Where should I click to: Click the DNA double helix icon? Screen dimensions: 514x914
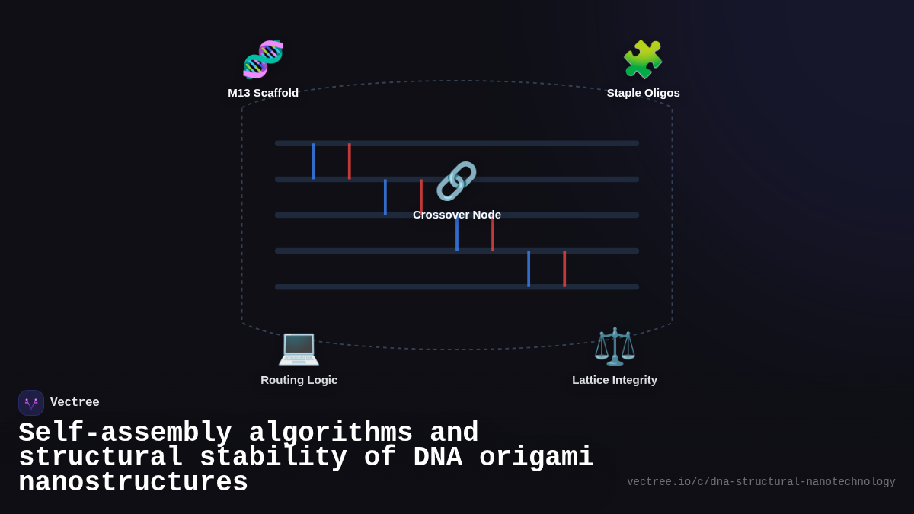coord(263,59)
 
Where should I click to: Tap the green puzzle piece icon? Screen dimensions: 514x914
coord(643,59)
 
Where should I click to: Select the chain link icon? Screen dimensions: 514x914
coord(456,181)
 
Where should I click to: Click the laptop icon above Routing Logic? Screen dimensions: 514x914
coord(299,347)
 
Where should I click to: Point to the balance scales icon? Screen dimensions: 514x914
coord(615,347)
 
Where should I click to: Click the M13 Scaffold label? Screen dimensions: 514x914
coord(263,93)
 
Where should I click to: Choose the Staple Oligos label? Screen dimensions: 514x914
coord(643,93)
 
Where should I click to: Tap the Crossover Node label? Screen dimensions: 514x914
coord(456,215)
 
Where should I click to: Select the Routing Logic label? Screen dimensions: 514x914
coord(299,380)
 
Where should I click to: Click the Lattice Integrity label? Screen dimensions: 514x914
coord(615,380)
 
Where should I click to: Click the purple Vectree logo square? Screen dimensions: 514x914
coord(31,403)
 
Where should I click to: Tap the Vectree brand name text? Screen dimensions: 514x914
coord(75,403)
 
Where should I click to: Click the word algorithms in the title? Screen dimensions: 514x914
coord(331,433)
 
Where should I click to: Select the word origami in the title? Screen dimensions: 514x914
coord(536,458)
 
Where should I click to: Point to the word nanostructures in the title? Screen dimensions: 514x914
coord(133,483)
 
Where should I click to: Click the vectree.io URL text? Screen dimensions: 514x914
coord(761,482)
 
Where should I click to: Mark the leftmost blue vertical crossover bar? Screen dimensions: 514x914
coord(313,161)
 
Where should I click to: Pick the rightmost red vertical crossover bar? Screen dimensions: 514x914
coord(564,269)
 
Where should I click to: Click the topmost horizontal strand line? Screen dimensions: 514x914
coord(457,143)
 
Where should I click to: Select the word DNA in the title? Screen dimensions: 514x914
coord(438,458)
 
